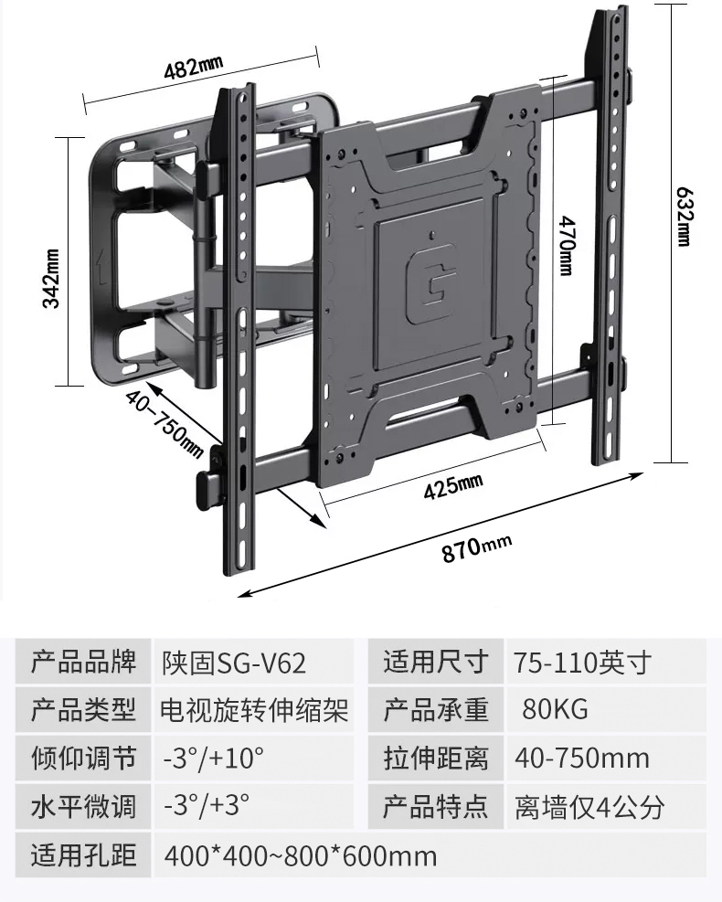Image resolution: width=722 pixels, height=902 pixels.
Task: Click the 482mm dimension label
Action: (x=194, y=68)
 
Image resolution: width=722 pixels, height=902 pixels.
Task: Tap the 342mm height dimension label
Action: (x=51, y=279)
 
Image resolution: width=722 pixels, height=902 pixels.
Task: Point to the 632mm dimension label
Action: (x=683, y=217)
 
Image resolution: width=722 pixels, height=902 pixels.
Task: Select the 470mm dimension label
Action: (x=567, y=246)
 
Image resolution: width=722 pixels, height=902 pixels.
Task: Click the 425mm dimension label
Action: (x=453, y=487)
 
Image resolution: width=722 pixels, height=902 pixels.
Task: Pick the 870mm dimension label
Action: (x=476, y=548)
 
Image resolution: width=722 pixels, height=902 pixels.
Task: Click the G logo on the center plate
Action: (x=431, y=281)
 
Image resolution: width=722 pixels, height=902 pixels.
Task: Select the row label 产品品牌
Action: (x=83, y=662)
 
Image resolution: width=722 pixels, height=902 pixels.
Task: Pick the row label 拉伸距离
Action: (x=436, y=759)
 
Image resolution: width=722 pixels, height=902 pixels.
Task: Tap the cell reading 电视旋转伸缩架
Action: (x=254, y=710)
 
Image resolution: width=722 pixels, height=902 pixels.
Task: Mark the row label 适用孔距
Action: (x=83, y=854)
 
